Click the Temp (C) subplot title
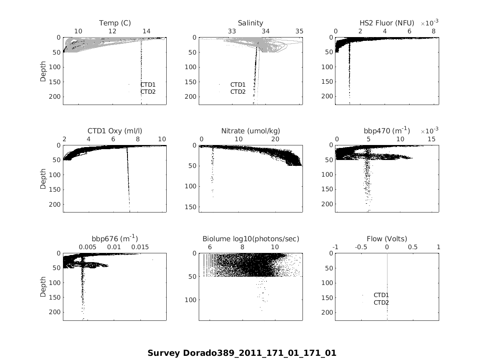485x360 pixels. click(115, 23)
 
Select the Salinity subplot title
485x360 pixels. click(250, 23)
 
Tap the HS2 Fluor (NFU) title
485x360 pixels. click(387, 23)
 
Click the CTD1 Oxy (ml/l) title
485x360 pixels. click(115, 131)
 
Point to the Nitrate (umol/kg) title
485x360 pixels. click(250, 131)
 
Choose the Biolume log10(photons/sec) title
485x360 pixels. click(250, 239)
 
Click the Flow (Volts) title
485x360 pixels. click(387, 239)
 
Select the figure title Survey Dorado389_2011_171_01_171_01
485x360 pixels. click(242, 353)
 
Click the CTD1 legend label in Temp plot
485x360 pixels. click(148, 85)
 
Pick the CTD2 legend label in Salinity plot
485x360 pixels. click(238, 92)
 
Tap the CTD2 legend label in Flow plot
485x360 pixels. click(381, 302)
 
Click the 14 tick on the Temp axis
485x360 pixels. click(146, 31)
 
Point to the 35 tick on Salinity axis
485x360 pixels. click(299, 31)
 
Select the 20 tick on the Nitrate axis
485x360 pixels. click(275, 139)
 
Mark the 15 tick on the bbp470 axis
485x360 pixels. click(431, 139)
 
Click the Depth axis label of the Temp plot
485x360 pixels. click(43, 71)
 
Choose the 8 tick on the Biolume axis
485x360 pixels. click(242, 247)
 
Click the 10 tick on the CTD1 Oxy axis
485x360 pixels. click(162, 139)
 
